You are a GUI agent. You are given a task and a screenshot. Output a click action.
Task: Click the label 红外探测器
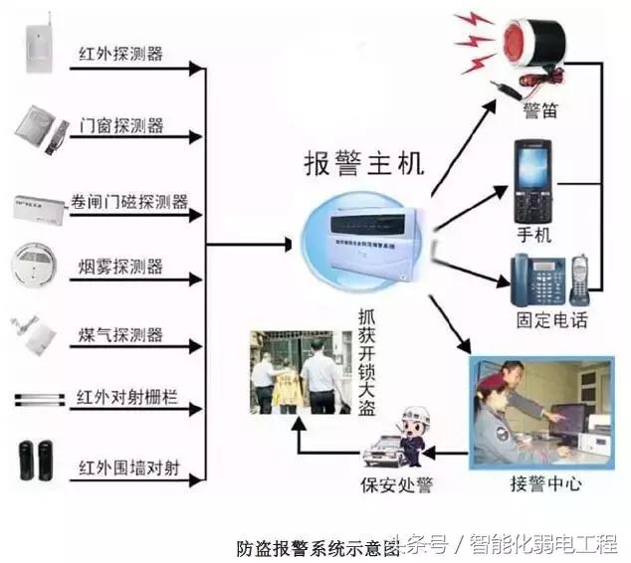coord(120,52)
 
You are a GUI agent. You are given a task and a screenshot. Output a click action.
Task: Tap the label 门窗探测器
coord(120,126)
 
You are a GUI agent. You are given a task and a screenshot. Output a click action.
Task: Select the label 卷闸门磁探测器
coord(132,202)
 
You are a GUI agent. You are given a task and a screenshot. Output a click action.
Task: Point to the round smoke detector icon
coord(37,265)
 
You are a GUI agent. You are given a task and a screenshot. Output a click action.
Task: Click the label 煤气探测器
coord(120,334)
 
